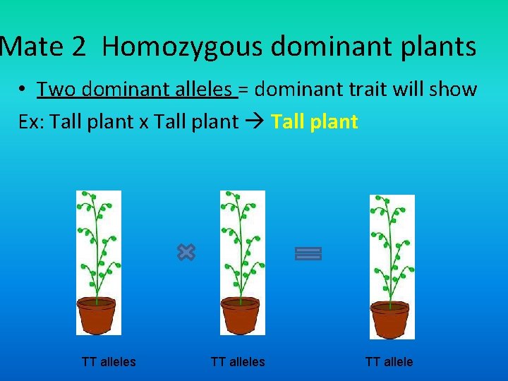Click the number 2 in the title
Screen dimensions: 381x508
tap(79, 47)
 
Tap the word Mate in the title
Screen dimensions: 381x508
tap(33, 47)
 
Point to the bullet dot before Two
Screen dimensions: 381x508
tap(24, 90)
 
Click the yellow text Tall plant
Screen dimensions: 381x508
tap(315, 122)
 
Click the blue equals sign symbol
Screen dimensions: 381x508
tap(308, 253)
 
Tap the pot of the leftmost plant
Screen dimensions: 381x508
tap(97, 315)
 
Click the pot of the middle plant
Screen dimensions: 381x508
tap(241, 315)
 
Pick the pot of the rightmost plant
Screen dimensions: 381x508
tap(391, 319)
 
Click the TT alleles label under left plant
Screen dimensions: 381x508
tap(109, 362)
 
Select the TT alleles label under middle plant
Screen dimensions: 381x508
tap(238, 362)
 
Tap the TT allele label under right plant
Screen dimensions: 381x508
tap(389, 362)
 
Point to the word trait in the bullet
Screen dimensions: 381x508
tap(373, 90)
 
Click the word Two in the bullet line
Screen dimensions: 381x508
tap(56, 90)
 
